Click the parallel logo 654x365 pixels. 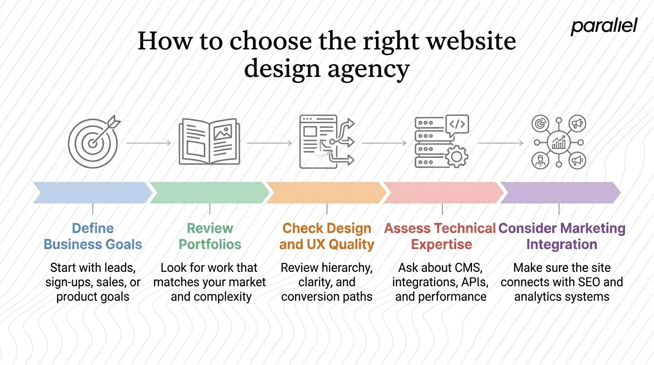coord(604,27)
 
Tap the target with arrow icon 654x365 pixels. coord(93,141)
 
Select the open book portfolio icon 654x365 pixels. coord(209,142)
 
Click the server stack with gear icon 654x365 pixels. coord(441,142)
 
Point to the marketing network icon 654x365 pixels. coord(559,142)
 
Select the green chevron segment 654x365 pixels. coord(209,192)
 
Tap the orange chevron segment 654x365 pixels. coord(326,192)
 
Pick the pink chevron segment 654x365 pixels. coord(443,192)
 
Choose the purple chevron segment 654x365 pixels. coord(560,192)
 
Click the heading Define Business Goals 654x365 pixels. coord(93,236)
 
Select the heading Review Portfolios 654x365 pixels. coord(210,236)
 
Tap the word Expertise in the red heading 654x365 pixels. coord(442,245)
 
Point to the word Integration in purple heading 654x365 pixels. coord(562,245)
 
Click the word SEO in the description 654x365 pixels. coord(588,282)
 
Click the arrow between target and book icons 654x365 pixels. coord(149,143)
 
